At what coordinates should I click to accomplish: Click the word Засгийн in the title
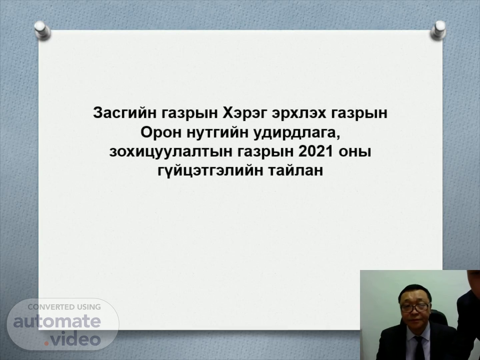click(x=125, y=113)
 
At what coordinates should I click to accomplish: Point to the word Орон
click(x=161, y=132)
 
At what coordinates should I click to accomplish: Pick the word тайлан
click(x=296, y=170)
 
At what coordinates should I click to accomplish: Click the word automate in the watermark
click(x=57, y=321)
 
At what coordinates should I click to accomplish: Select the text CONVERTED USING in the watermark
click(x=64, y=307)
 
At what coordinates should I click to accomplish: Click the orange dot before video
click(x=47, y=344)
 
